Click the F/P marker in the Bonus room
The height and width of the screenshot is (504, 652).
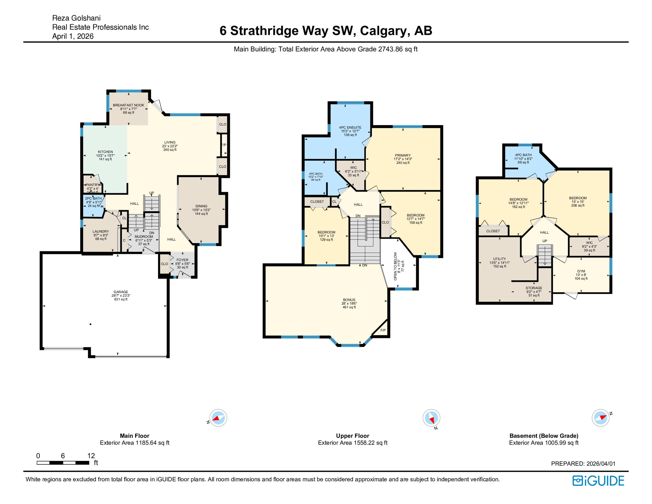[383, 330]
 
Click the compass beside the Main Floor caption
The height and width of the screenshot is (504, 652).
[218, 418]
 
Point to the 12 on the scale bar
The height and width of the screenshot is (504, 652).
[91, 456]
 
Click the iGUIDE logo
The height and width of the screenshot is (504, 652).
[598, 481]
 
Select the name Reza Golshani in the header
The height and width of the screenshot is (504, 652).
[76, 18]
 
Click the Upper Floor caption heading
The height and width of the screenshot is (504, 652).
[352, 436]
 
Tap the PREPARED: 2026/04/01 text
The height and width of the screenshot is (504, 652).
[583, 464]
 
